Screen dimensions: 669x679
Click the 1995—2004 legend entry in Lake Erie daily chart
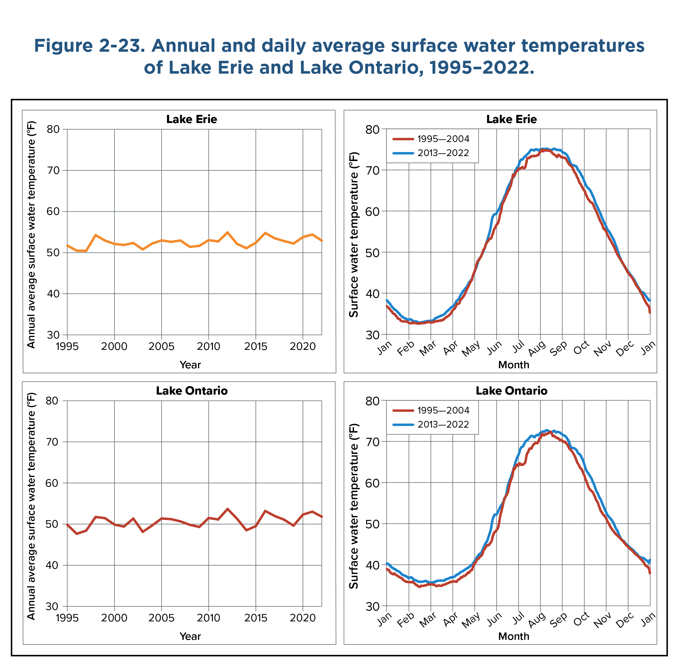[x=443, y=139]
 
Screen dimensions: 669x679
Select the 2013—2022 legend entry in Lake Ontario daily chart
[x=443, y=425]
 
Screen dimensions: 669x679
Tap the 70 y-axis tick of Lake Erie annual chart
[x=53, y=170]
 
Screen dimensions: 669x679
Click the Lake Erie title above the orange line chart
[x=191, y=119]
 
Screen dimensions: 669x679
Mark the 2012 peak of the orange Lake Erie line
[x=227, y=232]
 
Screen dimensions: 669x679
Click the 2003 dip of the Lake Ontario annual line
[x=143, y=532]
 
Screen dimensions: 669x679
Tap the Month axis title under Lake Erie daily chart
[x=513, y=365]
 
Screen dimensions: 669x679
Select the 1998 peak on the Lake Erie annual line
[x=95, y=235]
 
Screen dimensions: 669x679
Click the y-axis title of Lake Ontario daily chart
[x=354, y=506]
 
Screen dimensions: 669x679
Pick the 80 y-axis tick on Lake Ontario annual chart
[x=53, y=401]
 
